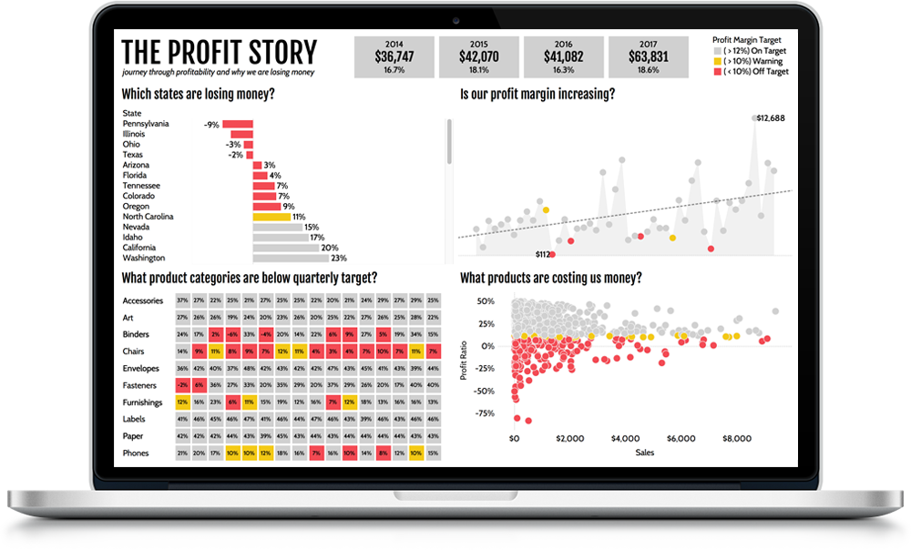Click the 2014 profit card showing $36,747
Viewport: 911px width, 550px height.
pyautogui.click(x=394, y=56)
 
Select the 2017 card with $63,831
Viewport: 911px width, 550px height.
pyautogui.click(x=648, y=56)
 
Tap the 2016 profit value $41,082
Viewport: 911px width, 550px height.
pyautogui.click(x=564, y=56)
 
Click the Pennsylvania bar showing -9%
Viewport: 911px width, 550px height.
pyautogui.click(x=238, y=124)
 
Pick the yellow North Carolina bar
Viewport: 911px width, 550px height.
pyautogui.click(x=271, y=217)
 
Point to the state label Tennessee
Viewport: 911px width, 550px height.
pyautogui.click(x=143, y=186)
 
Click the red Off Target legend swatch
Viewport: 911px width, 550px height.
pyautogui.click(x=716, y=71)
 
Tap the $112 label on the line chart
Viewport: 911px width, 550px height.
pyautogui.click(x=544, y=254)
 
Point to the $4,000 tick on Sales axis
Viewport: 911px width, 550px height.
pyautogui.click(x=627, y=438)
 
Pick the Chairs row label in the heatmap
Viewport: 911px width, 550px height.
pyautogui.click(x=135, y=351)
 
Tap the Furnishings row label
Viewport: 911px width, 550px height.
pyautogui.click(x=143, y=402)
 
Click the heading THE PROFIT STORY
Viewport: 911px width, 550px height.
pyautogui.click(x=219, y=51)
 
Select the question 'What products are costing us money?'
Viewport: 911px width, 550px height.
pyautogui.click(x=550, y=278)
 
